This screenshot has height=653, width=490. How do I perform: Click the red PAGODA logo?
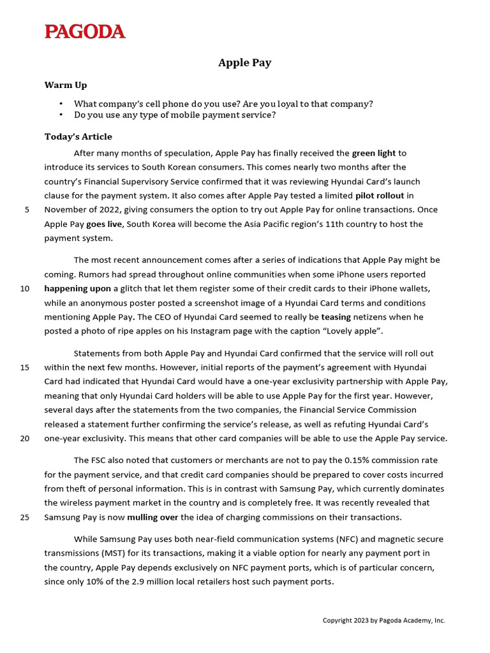pyautogui.click(x=85, y=31)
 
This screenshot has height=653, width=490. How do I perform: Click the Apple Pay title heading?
pyautogui.click(x=244, y=62)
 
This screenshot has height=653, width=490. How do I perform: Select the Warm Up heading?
pyautogui.click(x=66, y=85)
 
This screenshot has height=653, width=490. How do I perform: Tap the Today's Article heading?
pyautogui.click(x=78, y=136)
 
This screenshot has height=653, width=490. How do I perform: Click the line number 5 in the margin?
pyautogui.click(x=27, y=210)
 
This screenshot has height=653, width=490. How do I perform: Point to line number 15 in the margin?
pyautogui.click(x=25, y=367)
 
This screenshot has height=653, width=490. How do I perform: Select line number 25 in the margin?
pyautogui.click(x=25, y=517)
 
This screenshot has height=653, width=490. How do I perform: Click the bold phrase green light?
pyautogui.click(x=374, y=153)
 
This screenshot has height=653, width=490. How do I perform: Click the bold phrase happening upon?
pyautogui.click(x=77, y=289)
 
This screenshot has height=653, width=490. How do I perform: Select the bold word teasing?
pyautogui.click(x=336, y=317)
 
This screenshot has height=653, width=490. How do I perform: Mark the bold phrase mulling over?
pyautogui.click(x=152, y=517)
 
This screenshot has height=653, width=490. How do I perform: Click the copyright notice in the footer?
pyautogui.click(x=383, y=620)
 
